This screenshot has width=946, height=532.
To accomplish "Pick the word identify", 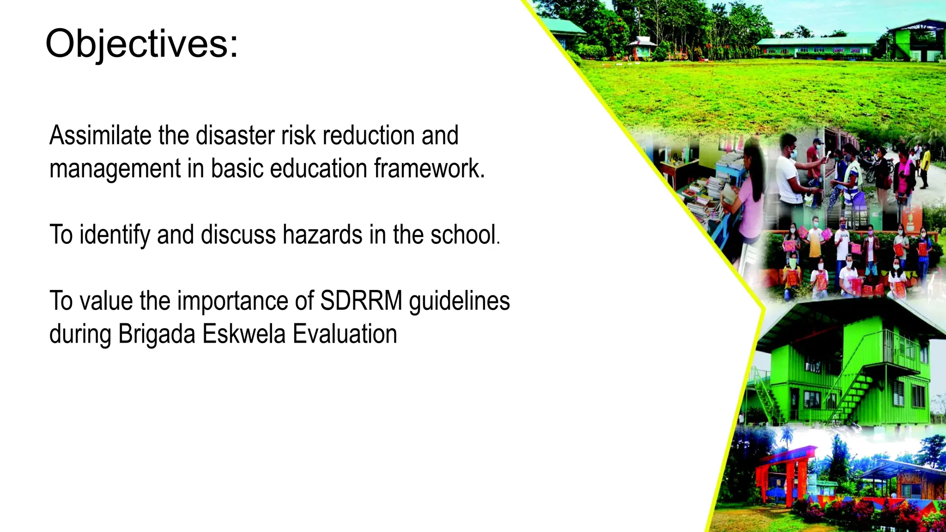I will (115, 235).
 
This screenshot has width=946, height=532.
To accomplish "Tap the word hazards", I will (322, 235).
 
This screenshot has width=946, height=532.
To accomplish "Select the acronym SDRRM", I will (361, 301).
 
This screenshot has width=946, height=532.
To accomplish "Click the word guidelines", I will (459, 301).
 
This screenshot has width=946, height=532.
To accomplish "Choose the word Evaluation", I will (345, 334).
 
